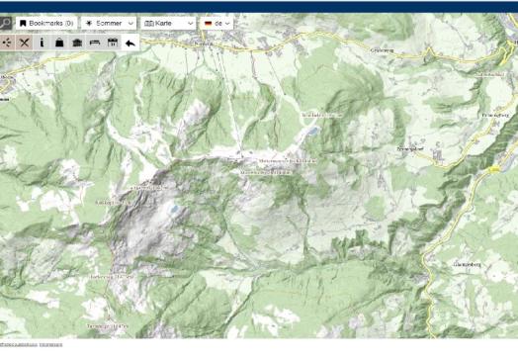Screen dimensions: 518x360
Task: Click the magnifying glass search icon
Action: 5,22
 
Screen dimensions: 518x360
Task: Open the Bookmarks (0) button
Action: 46,22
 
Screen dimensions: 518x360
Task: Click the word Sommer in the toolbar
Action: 110,22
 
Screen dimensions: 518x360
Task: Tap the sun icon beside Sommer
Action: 90,22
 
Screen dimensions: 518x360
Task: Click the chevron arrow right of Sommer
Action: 130,22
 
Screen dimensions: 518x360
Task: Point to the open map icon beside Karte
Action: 149,22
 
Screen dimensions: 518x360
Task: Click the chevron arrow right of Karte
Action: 190,22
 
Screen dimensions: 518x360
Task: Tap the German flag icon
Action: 209,22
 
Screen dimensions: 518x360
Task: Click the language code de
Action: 219,22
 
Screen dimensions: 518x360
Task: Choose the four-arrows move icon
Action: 7,43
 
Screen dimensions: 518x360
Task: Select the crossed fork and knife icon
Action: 25,43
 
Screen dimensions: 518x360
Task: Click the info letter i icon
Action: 43,43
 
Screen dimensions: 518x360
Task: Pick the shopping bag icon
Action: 59,43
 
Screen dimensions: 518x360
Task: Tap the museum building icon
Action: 77,43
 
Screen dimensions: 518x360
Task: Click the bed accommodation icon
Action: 95,43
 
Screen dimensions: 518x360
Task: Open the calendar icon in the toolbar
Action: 113,43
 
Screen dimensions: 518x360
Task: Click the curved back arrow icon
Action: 131,43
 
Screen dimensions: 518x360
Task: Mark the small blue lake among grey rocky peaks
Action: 174,209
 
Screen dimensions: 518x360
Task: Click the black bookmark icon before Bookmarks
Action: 23,22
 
